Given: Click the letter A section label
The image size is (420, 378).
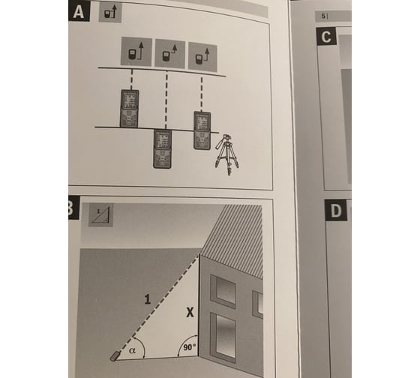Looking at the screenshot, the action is pyautogui.click(x=79, y=11).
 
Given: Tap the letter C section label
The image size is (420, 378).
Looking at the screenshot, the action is pyautogui.click(x=326, y=36).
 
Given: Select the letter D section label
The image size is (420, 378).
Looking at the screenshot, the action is pyautogui.click(x=336, y=211).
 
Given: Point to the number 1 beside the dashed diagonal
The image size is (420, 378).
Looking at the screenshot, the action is pyautogui.click(x=147, y=299).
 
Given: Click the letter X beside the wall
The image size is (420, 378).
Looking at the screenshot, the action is pyautogui.click(x=190, y=312).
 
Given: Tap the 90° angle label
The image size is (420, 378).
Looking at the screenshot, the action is pyautogui.click(x=189, y=347).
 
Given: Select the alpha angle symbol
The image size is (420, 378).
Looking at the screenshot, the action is pyautogui.click(x=132, y=349).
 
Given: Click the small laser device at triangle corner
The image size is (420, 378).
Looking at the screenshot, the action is pyautogui.click(x=115, y=356).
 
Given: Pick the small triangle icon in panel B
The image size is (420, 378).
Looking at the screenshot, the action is pyautogui.click(x=100, y=215).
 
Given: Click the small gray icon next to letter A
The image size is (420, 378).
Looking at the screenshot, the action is pyautogui.click(x=110, y=12).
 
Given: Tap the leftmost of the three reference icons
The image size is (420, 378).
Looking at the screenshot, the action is pyautogui.click(x=136, y=51).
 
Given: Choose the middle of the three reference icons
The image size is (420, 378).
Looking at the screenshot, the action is pyautogui.click(x=169, y=53).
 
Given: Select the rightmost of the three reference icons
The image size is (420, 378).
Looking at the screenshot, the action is pyautogui.click(x=202, y=57).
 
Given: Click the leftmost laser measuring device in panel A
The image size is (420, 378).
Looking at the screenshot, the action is pyautogui.click(x=129, y=108).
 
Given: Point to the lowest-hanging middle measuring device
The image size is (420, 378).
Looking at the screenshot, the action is pyautogui.click(x=162, y=149).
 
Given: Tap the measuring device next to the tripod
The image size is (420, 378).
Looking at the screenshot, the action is pyautogui.click(x=202, y=130).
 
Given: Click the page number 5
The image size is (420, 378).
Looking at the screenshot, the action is pyautogui.click(x=323, y=16).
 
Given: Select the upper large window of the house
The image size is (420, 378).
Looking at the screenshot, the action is pyautogui.click(x=223, y=291).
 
